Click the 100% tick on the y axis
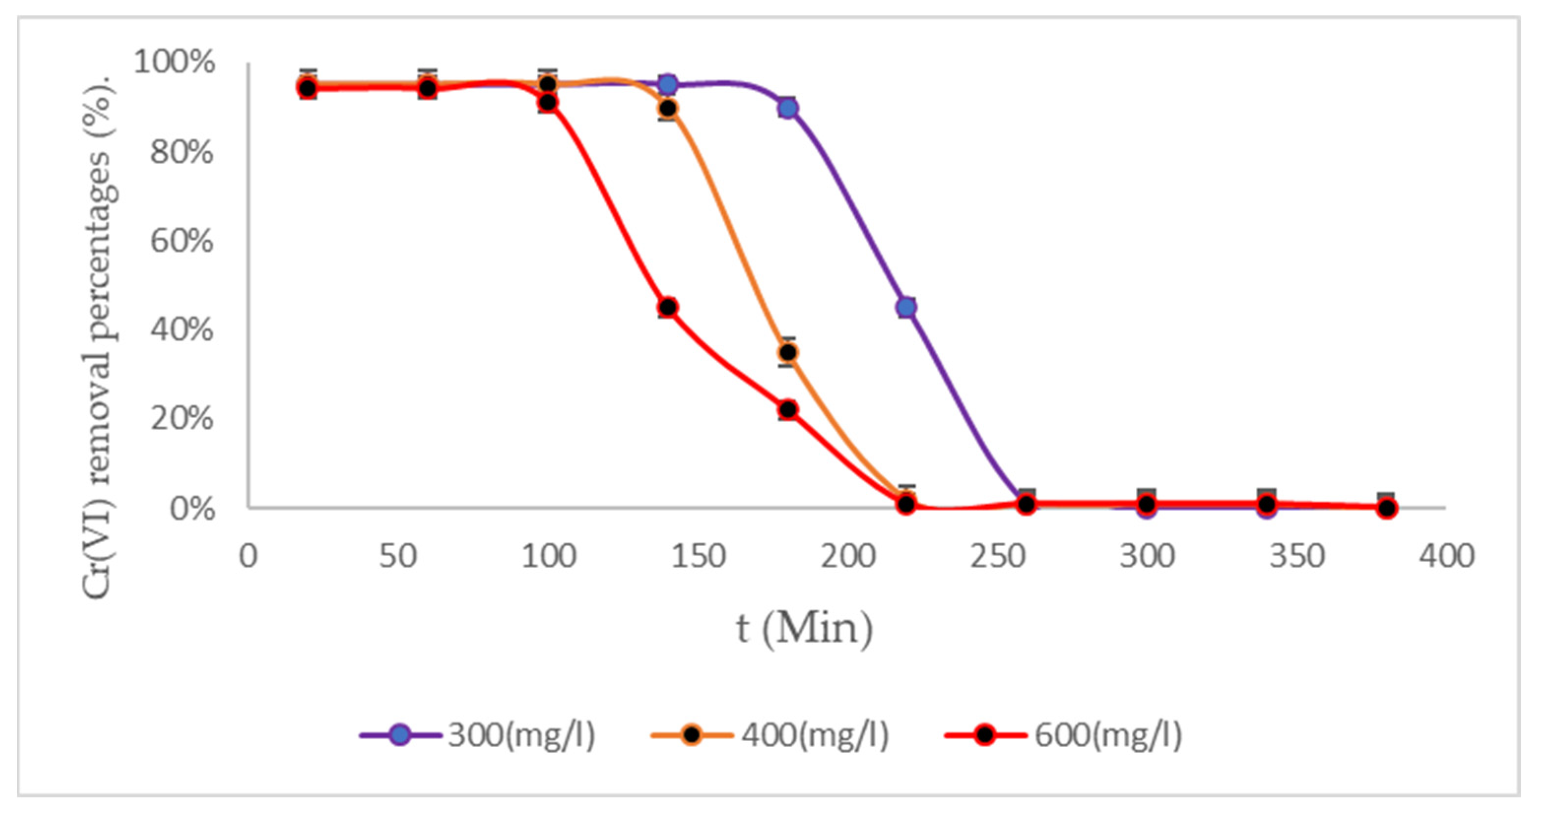point(174,62)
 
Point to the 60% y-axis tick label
point(182,241)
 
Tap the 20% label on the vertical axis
point(182,419)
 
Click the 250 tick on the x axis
point(997,557)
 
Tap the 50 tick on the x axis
point(398,557)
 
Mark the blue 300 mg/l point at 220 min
point(907,307)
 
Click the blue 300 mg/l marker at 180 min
point(788,108)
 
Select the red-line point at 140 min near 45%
point(668,307)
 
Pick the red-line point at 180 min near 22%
point(788,410)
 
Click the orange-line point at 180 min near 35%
point(788,352)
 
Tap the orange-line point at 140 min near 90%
point(668,108)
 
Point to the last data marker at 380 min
point(1386,508)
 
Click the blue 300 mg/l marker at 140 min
point(668,85)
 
